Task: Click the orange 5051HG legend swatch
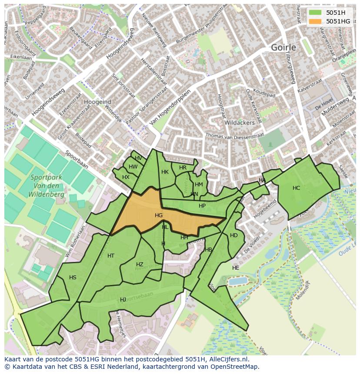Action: [x=316, y=21]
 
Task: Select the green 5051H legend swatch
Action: [x=316, y=13]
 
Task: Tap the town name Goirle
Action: [x=283, y=47]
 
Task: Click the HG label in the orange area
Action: [x=159, y=215]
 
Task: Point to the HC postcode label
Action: [x=296, y=188]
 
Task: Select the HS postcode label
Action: [x=73, y=278]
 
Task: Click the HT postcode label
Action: [x=111, y=256]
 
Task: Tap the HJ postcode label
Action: [x=123, y=300]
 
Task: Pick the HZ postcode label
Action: [x=140, y=265]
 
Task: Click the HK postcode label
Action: [x=165, y=172]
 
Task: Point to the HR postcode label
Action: [x=183, y=168]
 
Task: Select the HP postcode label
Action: [x=202, y=206]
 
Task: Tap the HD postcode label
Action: [x=234, y=235]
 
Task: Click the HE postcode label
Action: [x=236, y=268]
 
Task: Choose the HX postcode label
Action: [x=126, y=177]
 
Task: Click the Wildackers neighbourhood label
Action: [x=240, y=123]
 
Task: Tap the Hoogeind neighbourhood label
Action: [x=98, y=102]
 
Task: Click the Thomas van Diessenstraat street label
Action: [x=235, y=136]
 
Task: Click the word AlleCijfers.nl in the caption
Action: [x=227, y=360]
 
